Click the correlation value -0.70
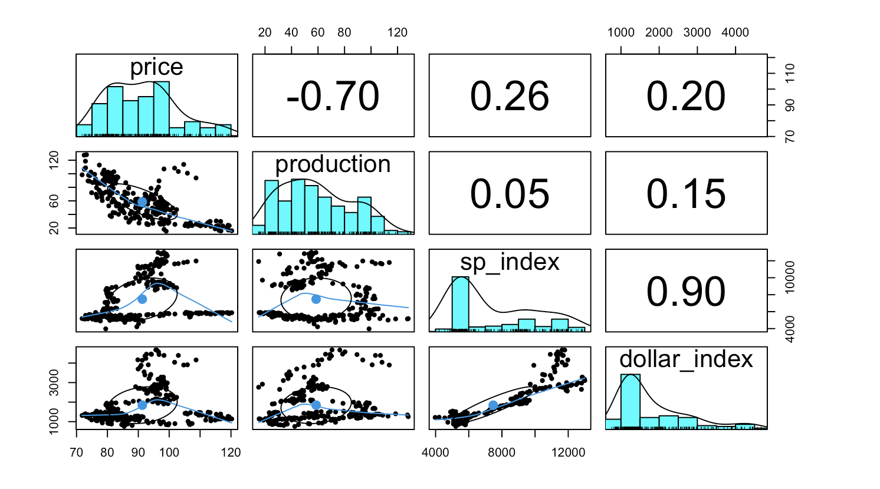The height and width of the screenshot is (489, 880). coord(333,96)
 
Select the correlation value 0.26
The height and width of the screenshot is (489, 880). coord(510,96)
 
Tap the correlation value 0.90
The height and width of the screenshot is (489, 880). coord(686,292)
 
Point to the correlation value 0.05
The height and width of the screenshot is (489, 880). coord(510,194)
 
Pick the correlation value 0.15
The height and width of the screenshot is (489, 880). coord(686,194)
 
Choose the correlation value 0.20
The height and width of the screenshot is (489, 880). coord(686,96)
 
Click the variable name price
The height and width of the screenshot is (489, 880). coord(156,67)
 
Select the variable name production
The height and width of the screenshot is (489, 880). coord(333,164)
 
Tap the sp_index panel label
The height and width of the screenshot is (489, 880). coord(510,262)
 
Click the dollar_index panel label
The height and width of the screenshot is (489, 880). coord(686,359)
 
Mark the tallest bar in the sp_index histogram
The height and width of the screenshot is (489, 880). coord(460,303)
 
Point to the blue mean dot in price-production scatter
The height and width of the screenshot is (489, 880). coord(142,202)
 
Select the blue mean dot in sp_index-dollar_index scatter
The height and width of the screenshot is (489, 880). coord(493,405)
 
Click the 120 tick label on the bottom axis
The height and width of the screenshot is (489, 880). coord(231,452)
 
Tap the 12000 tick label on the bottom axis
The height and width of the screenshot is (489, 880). coord(568,452)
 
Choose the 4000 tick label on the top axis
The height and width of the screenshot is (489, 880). coord(735,33)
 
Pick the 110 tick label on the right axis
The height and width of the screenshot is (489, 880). coord(790,73)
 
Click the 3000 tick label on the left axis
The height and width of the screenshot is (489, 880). coord(55,382)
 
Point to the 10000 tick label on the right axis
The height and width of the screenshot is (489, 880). coord(790,277)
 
